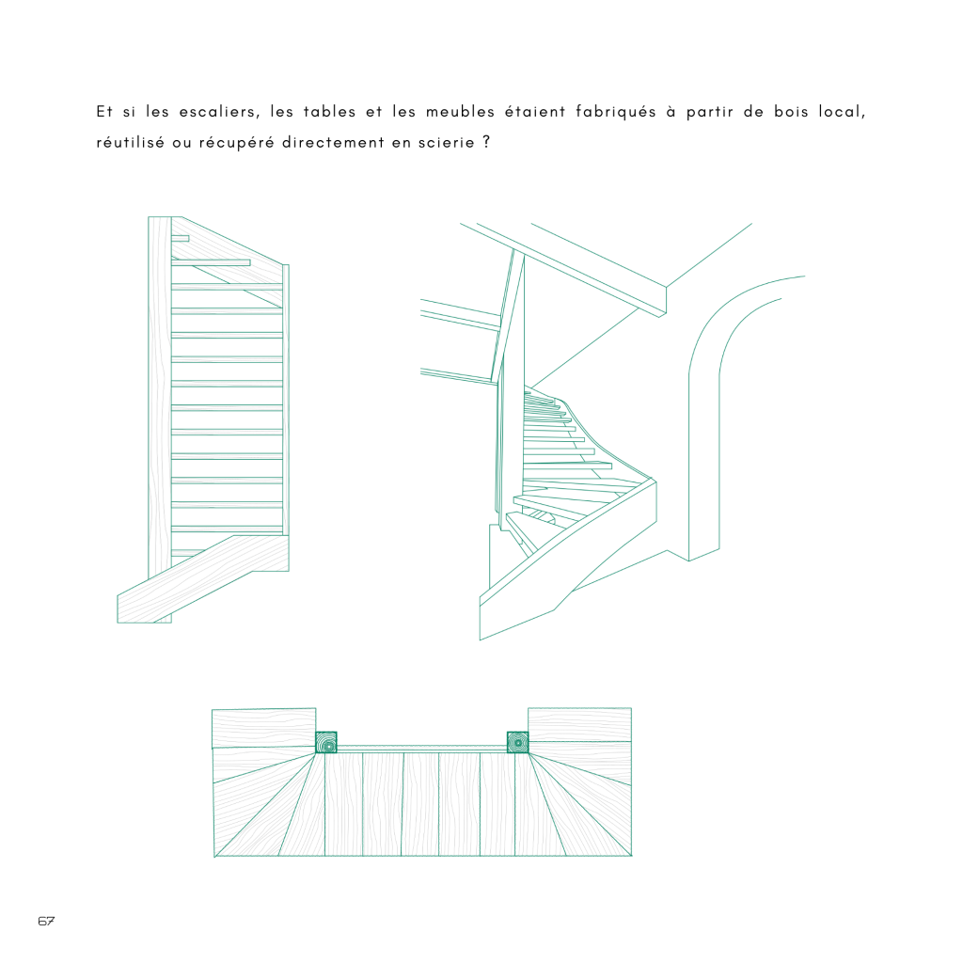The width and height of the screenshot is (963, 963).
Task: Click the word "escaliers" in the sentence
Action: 219,112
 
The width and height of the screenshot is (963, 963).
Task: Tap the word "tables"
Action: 329,112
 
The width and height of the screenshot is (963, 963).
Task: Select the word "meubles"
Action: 460,112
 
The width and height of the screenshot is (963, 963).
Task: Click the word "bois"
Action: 791,112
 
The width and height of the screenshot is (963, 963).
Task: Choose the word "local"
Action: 842,113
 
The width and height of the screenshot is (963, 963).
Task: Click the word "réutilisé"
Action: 130,143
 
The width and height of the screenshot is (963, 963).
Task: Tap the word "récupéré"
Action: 236,144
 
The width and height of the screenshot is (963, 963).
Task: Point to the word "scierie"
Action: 447,143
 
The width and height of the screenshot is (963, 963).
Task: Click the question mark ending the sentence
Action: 486,142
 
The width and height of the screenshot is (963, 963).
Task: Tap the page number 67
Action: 46,921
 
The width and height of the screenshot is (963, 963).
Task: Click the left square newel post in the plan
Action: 326,743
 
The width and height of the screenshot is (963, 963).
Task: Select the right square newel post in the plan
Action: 518,743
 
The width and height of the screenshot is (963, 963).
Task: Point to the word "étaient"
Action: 535,112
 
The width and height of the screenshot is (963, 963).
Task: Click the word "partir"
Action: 709,113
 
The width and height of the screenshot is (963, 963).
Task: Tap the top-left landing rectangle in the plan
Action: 264,729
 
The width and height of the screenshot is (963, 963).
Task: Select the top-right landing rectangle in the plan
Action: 579,725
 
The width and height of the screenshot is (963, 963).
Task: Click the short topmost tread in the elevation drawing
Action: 180,238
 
